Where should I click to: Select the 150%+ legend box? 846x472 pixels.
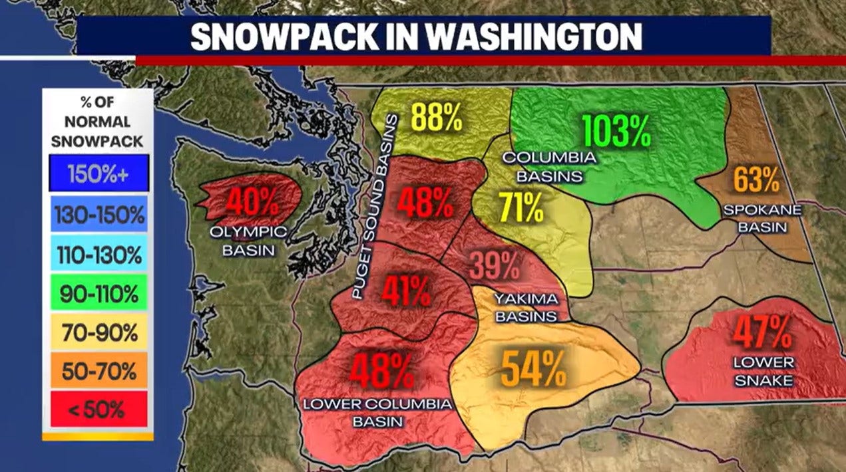[99, 174]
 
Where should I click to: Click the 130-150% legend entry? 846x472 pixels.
[99, 214]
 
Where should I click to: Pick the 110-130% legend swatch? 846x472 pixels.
[99, 253]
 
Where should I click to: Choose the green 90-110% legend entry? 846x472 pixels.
[99, 293]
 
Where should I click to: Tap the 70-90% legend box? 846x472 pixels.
[99, 332]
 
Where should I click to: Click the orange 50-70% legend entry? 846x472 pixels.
[99, 371]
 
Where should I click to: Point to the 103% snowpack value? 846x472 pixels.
[616, 131]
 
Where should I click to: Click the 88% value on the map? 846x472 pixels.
[436, 117]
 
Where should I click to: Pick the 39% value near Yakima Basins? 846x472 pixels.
[495, 267]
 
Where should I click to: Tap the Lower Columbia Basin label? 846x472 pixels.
[377, 412]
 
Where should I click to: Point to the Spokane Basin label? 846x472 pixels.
[763, 218]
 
